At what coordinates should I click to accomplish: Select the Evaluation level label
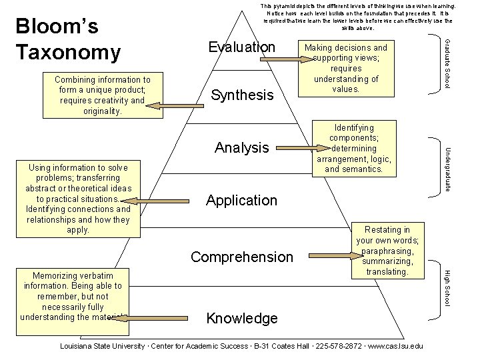[241, 47]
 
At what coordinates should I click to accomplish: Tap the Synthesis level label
[242, 95]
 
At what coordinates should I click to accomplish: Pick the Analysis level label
[242, 147]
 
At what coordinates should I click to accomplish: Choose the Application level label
[241, 200]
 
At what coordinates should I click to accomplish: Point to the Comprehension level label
[241, 257]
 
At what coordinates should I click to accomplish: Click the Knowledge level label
[241, 318]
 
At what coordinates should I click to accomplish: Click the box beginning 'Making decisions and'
[345, 67]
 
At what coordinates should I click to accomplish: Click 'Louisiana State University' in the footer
[104, 346]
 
